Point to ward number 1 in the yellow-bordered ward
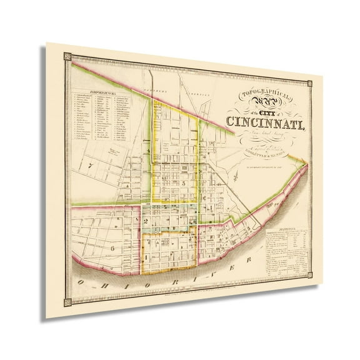[146, 256]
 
